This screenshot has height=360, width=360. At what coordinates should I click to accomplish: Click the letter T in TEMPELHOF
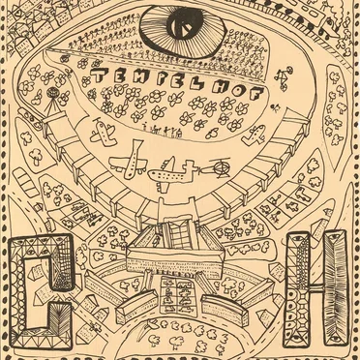coord(99,75)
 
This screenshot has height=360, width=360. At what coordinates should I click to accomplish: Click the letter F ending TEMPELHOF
coord(256,93)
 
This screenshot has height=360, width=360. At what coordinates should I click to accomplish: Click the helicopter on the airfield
coord(217,168)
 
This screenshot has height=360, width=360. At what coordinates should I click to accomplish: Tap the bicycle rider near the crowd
coord(283,76)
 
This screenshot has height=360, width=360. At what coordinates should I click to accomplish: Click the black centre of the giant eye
coord(183,26)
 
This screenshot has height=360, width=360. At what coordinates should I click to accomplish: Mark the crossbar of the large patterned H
coord(316,289)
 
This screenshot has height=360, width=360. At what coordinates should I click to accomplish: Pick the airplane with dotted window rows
coord(173,175)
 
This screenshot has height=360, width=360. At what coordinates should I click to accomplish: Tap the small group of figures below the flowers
coord(162,130)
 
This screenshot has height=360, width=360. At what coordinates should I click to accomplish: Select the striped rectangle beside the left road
coord(26,182)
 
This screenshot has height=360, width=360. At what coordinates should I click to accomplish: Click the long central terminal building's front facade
coord(174,262)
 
